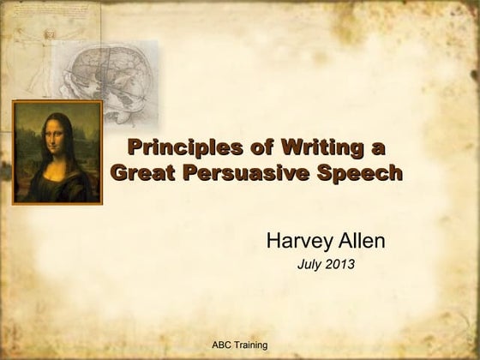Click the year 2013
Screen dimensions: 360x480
[339, 265]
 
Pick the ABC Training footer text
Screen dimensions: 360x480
[240, 345]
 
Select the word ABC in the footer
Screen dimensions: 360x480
[221, 345]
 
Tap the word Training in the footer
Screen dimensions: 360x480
[250, 345]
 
